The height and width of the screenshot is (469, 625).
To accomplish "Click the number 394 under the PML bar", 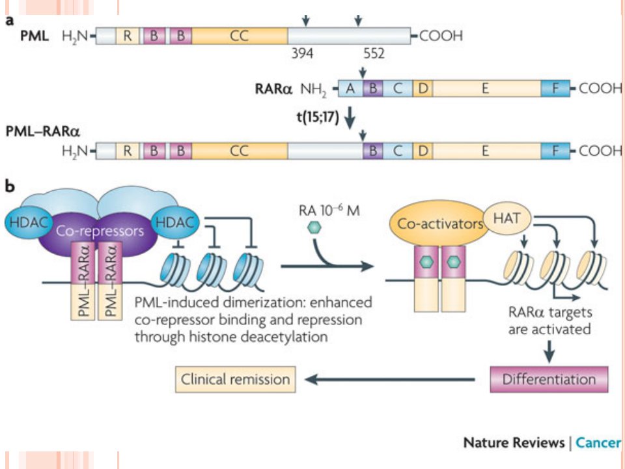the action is (302, 53).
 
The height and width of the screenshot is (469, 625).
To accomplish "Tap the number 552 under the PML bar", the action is (374, 53).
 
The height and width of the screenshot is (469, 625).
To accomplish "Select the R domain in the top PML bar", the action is (128, 36).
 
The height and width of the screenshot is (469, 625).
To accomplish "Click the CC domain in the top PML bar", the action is (239, 36).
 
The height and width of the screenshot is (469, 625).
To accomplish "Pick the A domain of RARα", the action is (350, 88).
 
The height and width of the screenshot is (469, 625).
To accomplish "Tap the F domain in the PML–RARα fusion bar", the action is (555, 151).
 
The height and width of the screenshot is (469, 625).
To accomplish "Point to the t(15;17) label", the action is (318, 117).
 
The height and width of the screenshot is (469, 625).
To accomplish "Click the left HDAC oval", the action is (29, 223).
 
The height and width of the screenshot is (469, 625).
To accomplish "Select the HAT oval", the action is (507, 218).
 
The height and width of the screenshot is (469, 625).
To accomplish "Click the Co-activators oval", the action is (440, 223).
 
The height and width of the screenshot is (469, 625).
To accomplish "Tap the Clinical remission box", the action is (235, 379).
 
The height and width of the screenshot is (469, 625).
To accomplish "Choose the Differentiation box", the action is (549, 379).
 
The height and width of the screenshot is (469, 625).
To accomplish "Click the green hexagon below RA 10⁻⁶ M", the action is (314, 227).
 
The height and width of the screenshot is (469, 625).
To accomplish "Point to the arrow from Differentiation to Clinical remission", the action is (390, 379).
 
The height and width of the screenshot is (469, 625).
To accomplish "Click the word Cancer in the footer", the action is (598, 443).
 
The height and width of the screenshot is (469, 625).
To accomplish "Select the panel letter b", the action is (10, 186).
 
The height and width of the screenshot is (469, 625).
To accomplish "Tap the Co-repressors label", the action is (100, 231).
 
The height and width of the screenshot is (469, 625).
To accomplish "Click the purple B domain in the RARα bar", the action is (373, 88).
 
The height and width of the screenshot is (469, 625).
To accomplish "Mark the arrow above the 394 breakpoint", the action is (306, 20).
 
